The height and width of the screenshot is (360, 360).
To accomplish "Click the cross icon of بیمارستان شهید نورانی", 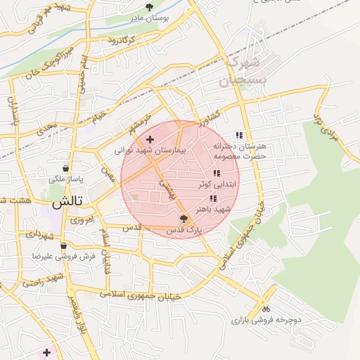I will pos(150,139).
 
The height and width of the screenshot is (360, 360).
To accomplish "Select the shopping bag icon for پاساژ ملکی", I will pos(65,169).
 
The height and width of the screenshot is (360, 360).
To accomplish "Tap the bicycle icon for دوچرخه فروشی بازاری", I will pos(265,308).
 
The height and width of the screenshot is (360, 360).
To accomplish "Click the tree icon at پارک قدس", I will pos(184,219).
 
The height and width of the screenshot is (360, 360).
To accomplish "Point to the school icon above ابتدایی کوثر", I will pos(216,173).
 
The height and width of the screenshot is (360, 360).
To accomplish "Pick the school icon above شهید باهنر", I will pos(213,199).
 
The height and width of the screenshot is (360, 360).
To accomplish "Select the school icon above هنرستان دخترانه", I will pos(240,135).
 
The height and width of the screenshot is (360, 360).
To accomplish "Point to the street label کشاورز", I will pos(209,114).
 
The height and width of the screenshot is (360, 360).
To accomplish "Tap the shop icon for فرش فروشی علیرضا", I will pos(64,246).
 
